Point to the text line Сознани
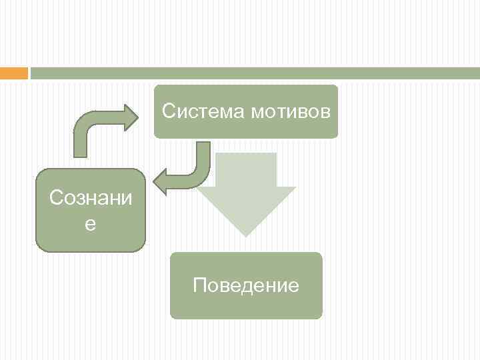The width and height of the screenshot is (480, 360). (90, 198)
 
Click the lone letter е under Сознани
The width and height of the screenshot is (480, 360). (90, 225)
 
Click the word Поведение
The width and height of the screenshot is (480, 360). (246, 286)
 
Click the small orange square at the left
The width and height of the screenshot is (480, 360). (13, 73)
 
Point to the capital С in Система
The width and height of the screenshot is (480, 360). (168, 111)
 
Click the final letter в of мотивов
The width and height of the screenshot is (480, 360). (325, 111)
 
